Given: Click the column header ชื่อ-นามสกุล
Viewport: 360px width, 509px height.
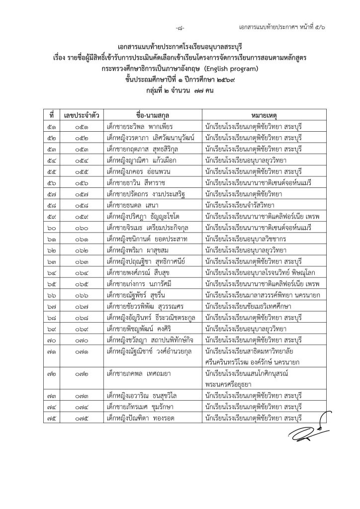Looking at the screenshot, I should point(150,115).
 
